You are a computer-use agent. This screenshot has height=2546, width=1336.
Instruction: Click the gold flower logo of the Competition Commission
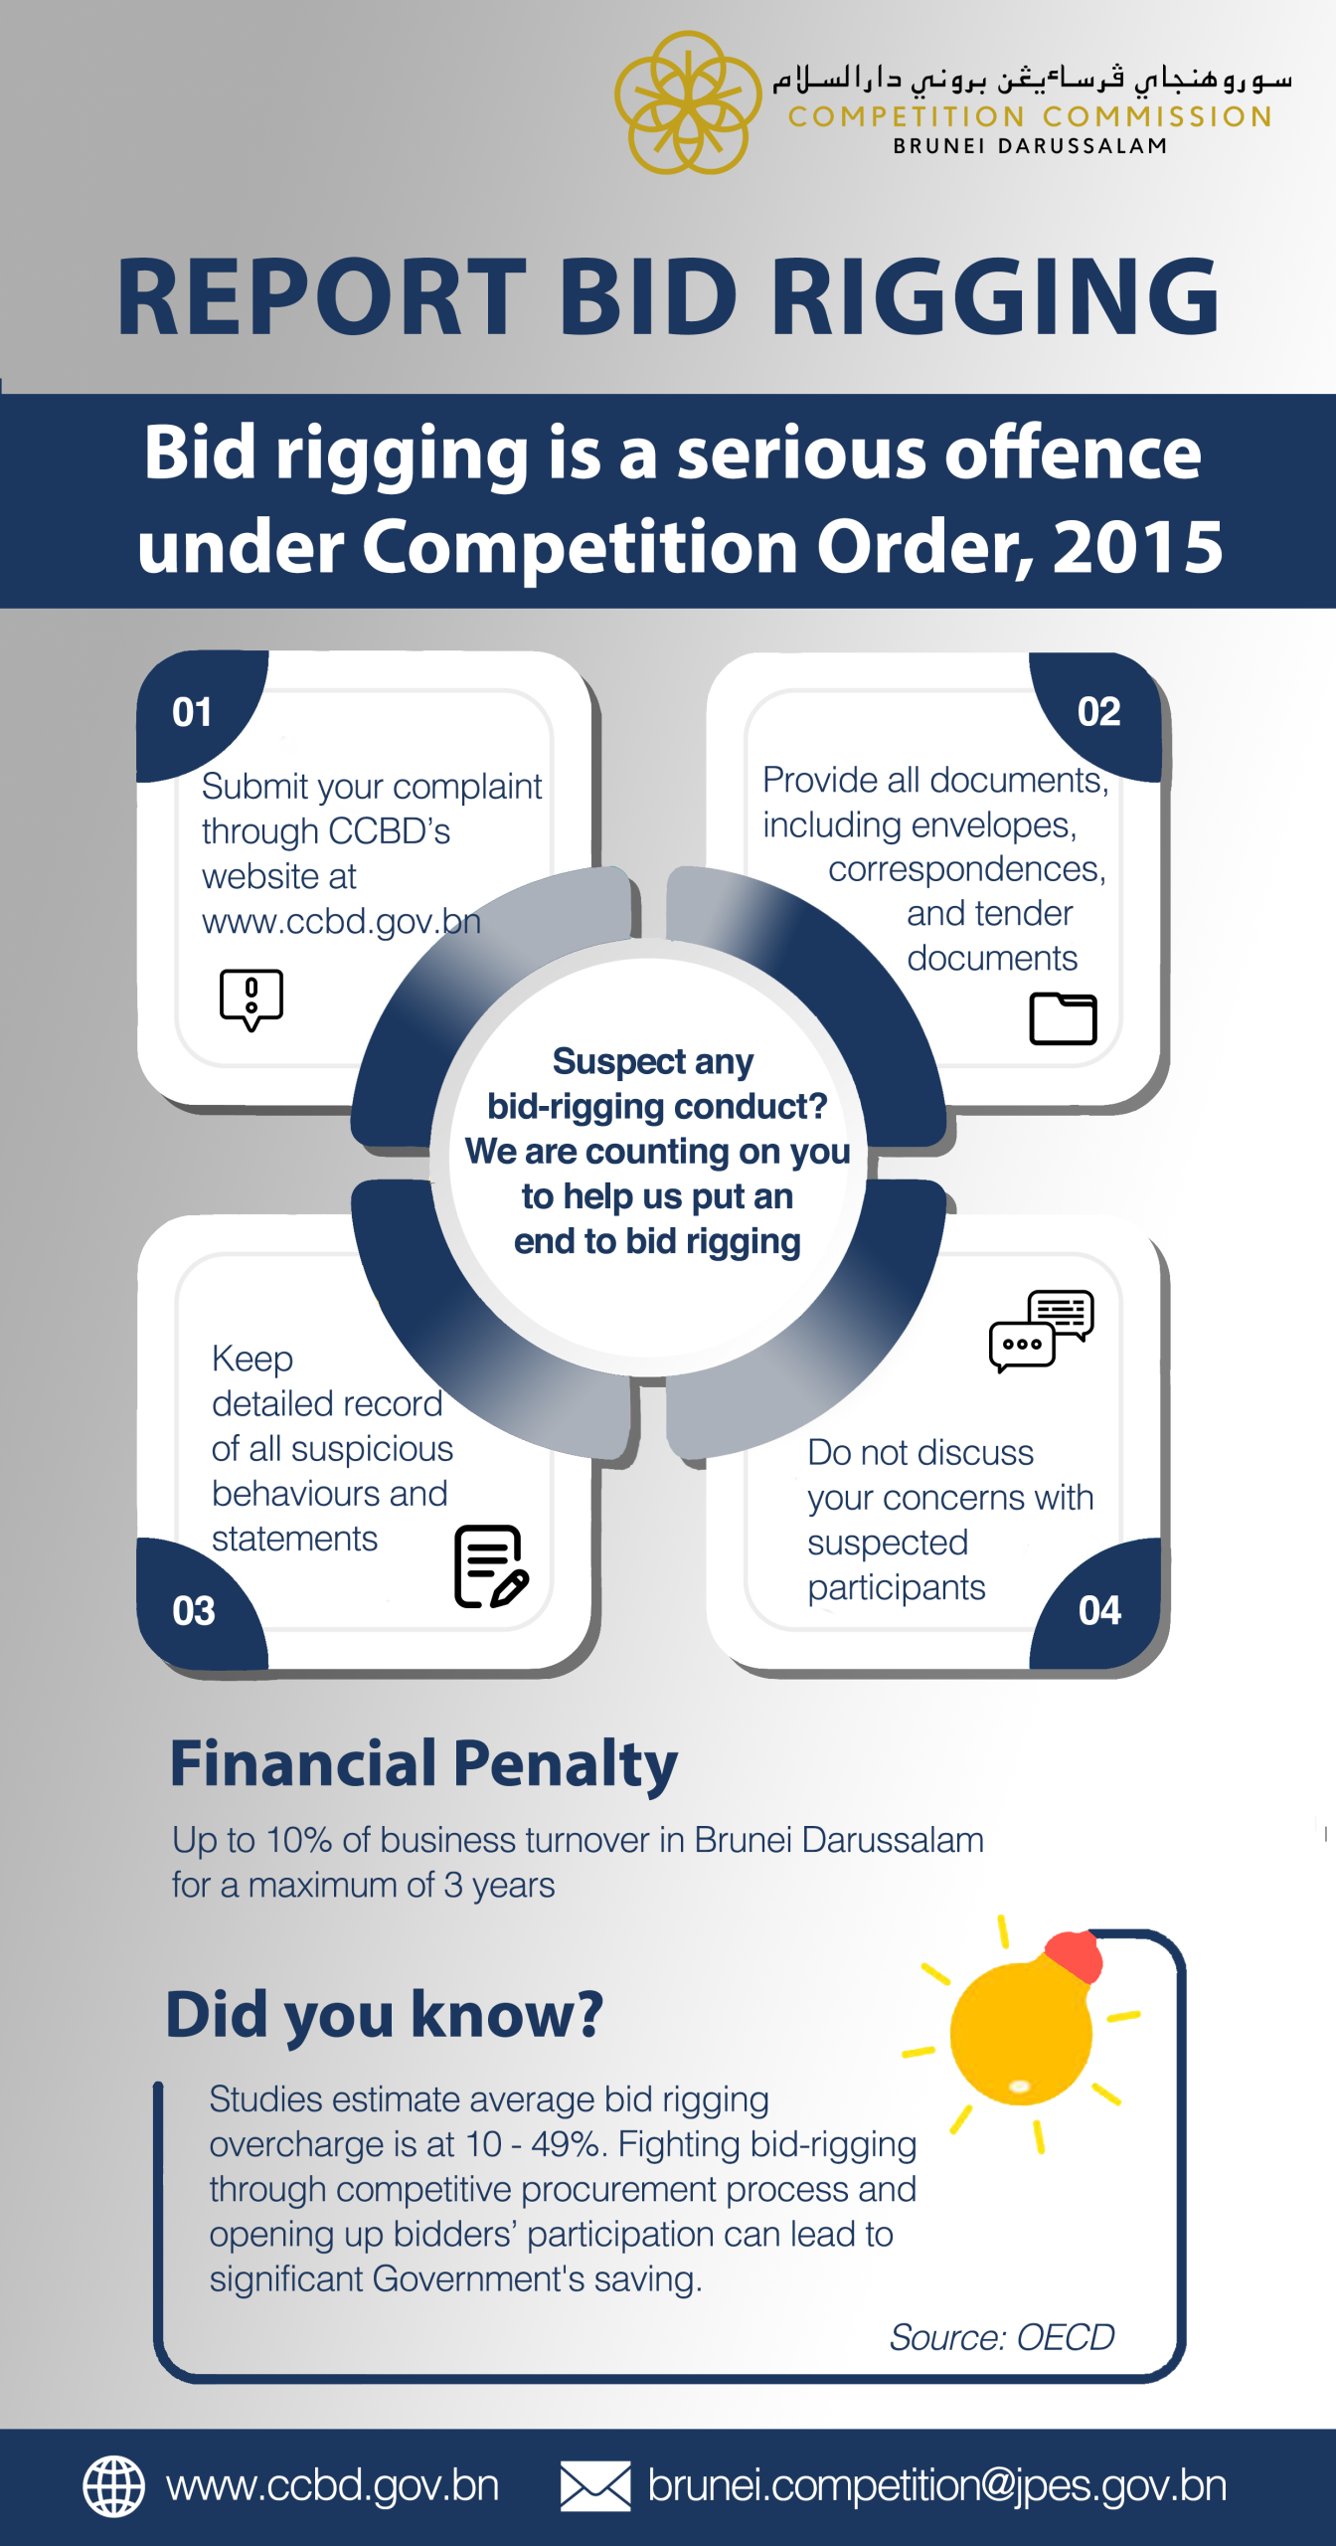pos(688,101)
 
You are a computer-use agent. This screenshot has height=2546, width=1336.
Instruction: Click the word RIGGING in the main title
pos(995,296)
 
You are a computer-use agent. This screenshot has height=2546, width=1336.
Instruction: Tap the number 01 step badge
pos(192,712)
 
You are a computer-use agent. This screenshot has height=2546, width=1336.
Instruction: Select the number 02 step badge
pos(1098,712)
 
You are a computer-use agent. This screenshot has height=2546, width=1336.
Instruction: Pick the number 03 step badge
pos(194,1610)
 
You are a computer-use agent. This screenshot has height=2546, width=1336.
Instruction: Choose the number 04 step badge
pos(1099,1610)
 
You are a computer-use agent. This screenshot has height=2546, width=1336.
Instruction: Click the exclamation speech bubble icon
pos(251,999)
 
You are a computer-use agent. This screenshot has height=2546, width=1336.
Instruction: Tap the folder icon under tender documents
pos(1063,1018)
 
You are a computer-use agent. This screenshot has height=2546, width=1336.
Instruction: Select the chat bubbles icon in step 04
pos(1041,1331)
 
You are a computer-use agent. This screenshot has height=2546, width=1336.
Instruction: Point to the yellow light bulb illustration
pos(1021,2034)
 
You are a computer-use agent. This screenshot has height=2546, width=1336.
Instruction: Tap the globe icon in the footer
pos(113,2485)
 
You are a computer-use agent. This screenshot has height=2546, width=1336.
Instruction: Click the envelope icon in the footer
pos(594,2485)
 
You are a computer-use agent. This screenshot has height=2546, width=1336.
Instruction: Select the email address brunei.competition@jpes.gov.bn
pos(936,2485)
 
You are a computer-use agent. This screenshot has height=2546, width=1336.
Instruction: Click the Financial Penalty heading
pos(423,1764)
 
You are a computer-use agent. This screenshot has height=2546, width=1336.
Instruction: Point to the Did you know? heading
pos(385,2015)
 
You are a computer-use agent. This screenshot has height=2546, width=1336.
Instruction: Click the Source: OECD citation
pos(1001,2337)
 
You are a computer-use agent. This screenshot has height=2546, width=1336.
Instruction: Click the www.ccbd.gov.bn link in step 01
pos(341,922)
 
